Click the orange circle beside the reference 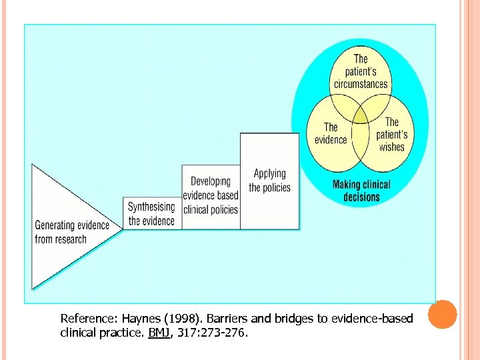click(443, 314)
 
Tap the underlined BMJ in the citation click(159, 331)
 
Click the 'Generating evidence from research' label click(72, 232)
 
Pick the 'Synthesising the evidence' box click(151, 213)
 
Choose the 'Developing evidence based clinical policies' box click(211, 195)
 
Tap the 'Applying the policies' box click(269, 181)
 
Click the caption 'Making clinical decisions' click(361, 191)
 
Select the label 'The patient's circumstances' click(361, 71)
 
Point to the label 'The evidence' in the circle click(331, 133)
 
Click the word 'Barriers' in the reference click(221, 319)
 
